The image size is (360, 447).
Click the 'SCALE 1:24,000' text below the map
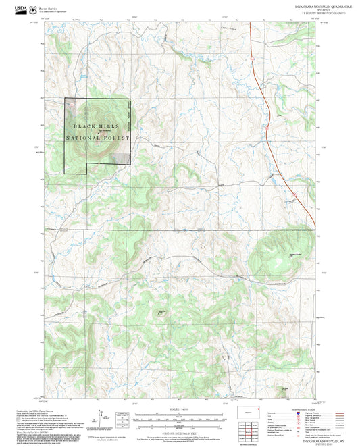click(180, 409)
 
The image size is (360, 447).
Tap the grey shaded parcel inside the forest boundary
click(122, 157)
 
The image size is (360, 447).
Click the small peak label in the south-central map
click(161, 311)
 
